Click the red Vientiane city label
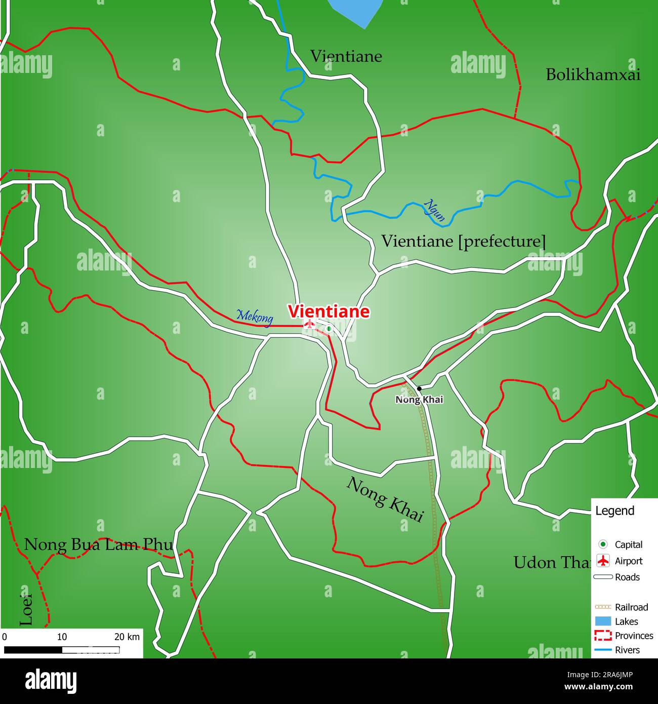[x=328, y=311]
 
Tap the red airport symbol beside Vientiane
[x=309, y=324]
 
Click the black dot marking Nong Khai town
[x=419, y=388]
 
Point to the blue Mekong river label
[x=255, y=317]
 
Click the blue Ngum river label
[x=435, y=211]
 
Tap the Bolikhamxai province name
[x=593, y=75]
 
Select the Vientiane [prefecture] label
[x=463, y=241]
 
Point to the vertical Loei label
[x=26, y=609]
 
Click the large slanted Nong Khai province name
[x=385, y=499]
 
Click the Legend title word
[x=614, y=511]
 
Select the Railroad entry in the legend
[x=631, y=607]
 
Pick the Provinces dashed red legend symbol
[x=603, y=636]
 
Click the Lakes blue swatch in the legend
[x=603, y=621]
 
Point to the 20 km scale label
[x=127, y=637]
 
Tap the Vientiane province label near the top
[x=346, y=56]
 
